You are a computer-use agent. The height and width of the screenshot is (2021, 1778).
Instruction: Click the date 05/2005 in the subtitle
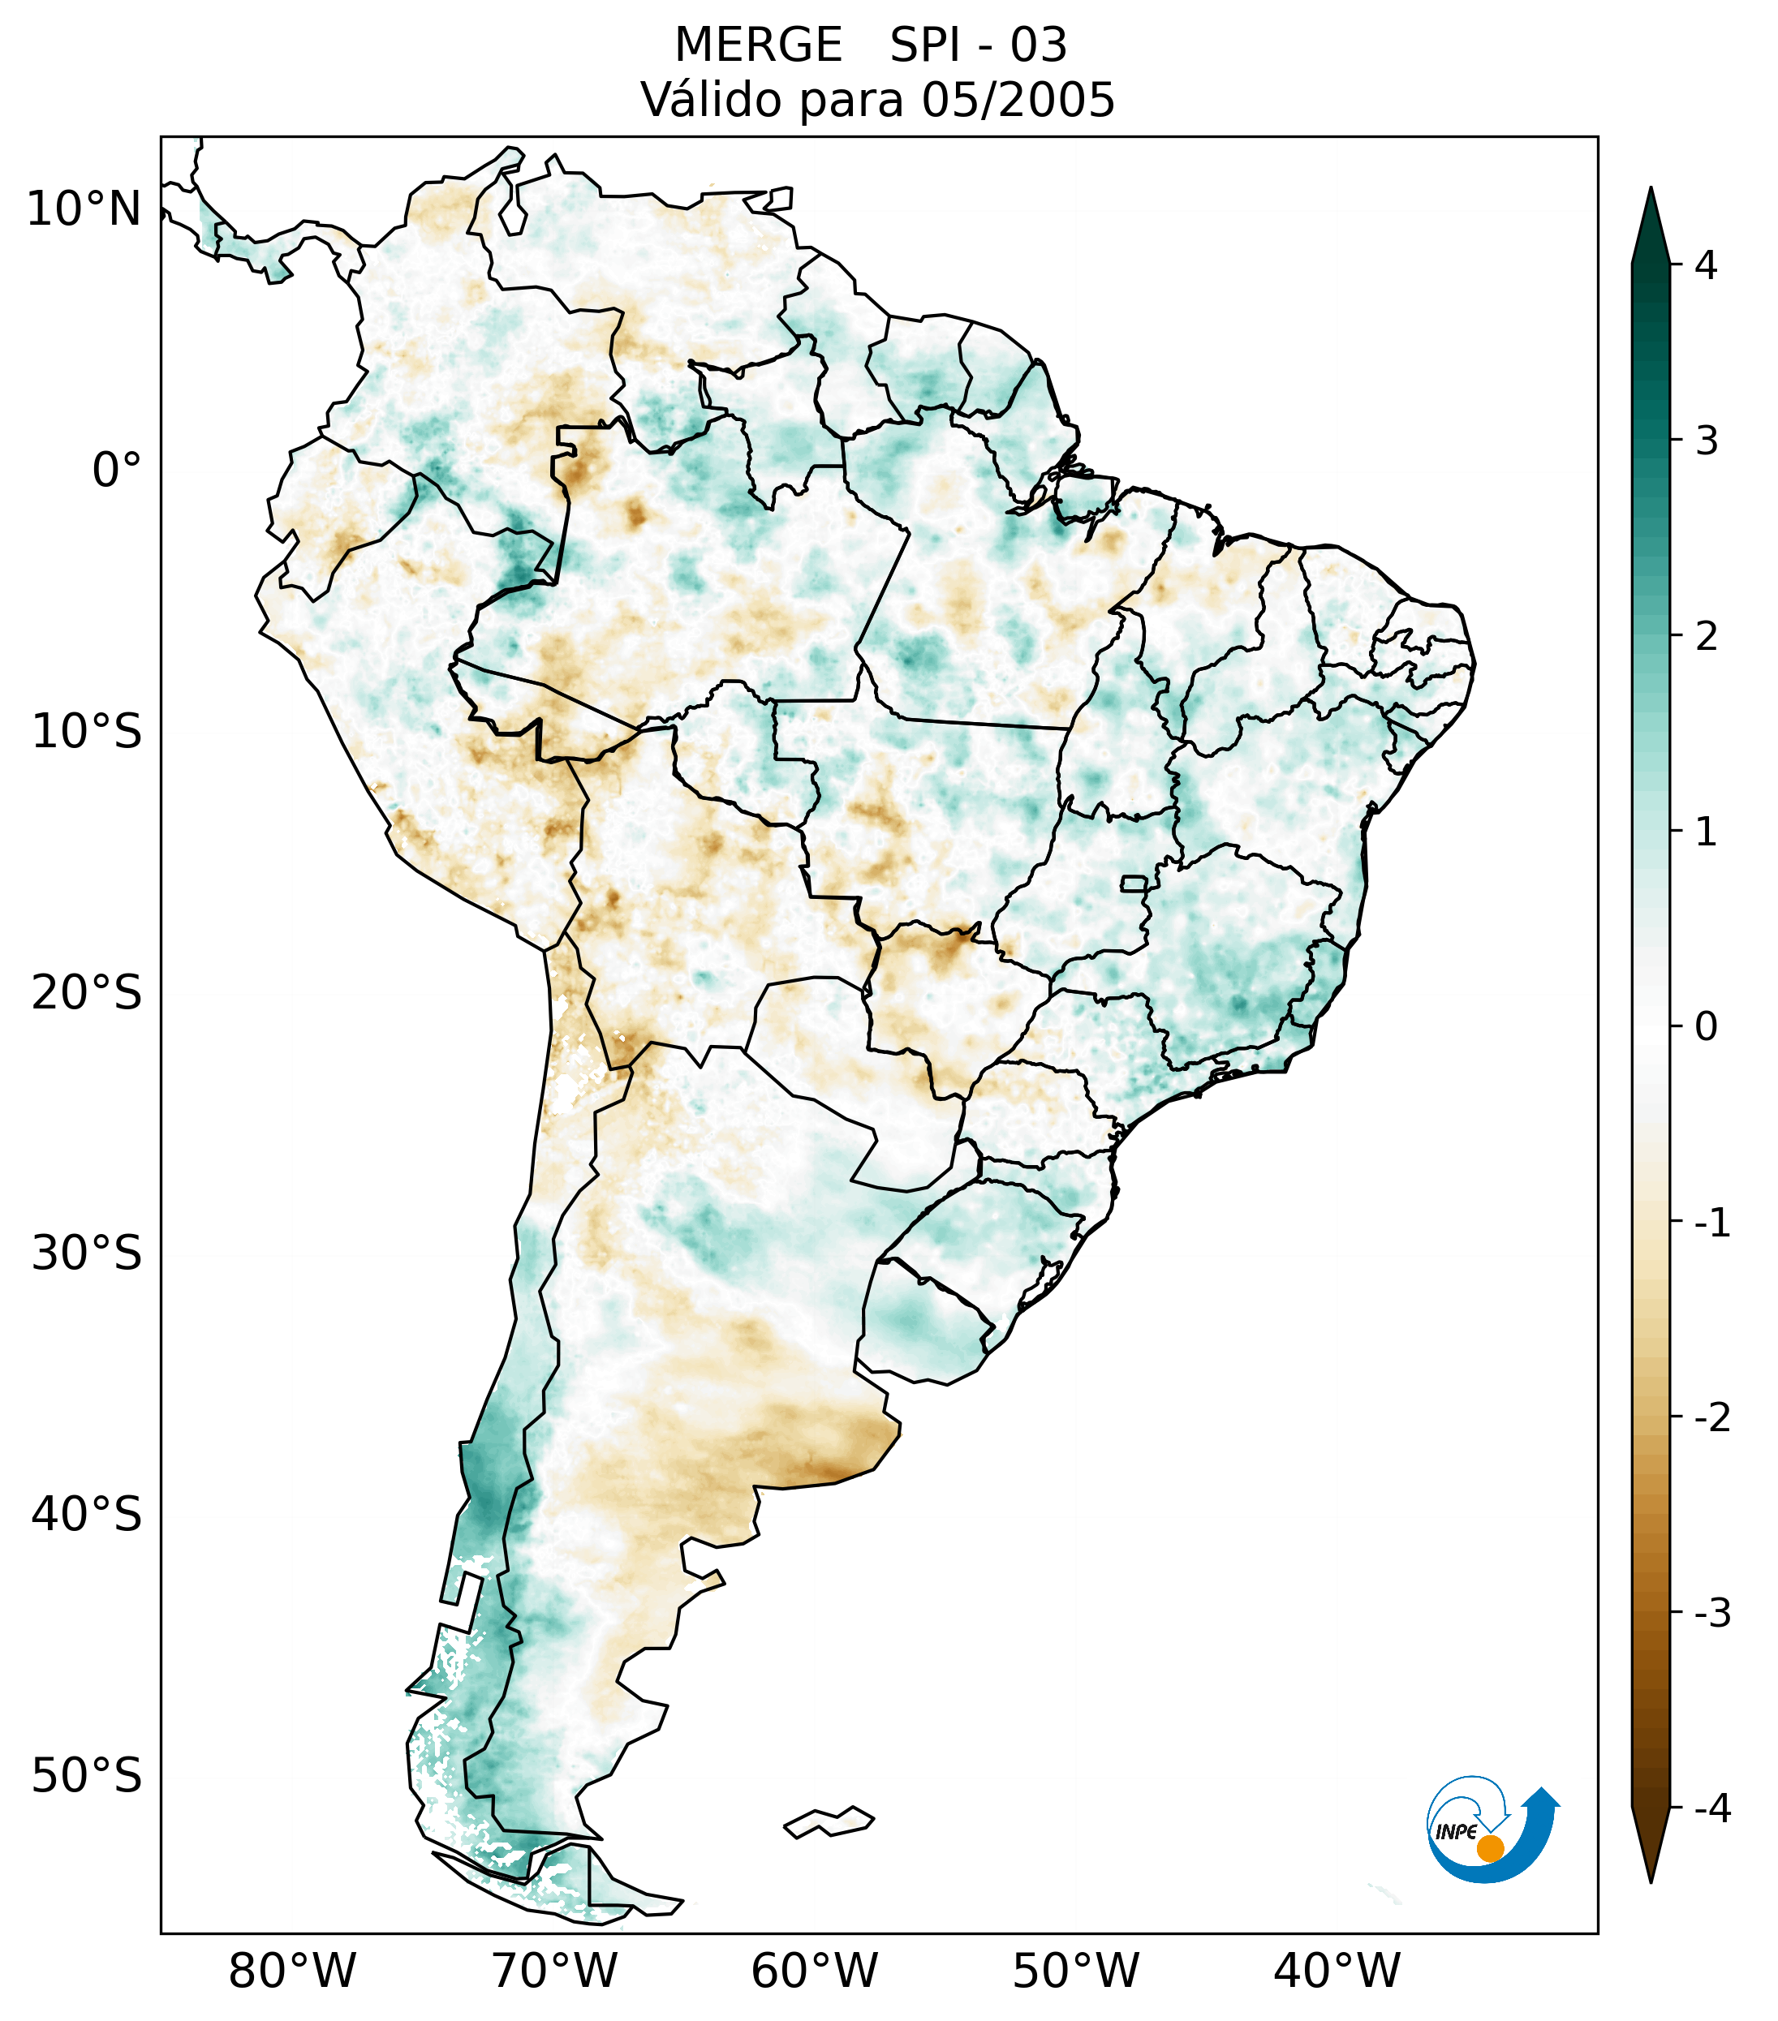[1018, 100]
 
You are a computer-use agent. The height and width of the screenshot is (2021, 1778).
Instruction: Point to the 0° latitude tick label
[116, 471]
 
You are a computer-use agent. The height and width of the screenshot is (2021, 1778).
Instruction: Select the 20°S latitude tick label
[87, 993]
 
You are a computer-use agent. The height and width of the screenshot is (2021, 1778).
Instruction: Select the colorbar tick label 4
[1706, 265]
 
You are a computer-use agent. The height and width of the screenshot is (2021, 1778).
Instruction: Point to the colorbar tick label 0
[1706, 1027]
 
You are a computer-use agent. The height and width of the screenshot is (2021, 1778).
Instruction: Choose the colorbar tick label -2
[1711, 1418]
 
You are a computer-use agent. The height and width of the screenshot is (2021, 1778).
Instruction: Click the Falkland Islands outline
[829, 1821]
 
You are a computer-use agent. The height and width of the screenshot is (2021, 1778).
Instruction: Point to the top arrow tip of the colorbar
[1650, 191]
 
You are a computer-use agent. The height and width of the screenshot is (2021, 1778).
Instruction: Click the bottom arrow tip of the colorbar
[1650, 1881]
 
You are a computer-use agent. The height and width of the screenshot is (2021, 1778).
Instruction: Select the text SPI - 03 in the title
[978, 45]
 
